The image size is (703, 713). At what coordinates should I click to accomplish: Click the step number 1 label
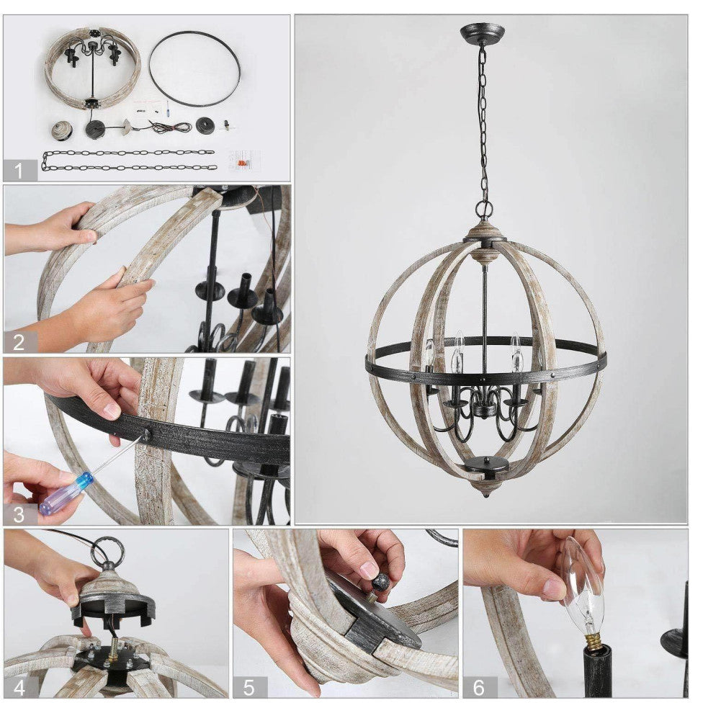(19, 171)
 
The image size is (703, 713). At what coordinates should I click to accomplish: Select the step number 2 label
(19, 341)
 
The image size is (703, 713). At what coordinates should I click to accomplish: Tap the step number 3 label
(19, 514)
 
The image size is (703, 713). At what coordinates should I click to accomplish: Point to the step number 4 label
(19, 686)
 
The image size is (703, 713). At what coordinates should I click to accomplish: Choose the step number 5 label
(249, 686)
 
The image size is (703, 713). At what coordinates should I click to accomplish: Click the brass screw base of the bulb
(592, 639)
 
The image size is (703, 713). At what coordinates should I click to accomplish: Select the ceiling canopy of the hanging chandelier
(482, 33)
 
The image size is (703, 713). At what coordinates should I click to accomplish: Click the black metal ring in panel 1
(194, 69)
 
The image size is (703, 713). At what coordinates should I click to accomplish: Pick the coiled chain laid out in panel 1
(130, 160)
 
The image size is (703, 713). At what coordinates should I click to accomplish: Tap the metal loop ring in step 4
(107, 551)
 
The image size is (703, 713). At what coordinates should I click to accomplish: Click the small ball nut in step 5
(380, 582)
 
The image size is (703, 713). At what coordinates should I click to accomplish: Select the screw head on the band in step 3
(148, 434)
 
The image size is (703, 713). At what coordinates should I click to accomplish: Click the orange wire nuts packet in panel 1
(242, 160)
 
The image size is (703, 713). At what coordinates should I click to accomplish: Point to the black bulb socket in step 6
(597, 670)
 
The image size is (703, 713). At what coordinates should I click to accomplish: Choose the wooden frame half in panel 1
(92, 68)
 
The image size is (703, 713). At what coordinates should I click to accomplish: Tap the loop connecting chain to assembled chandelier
(484, 210)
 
